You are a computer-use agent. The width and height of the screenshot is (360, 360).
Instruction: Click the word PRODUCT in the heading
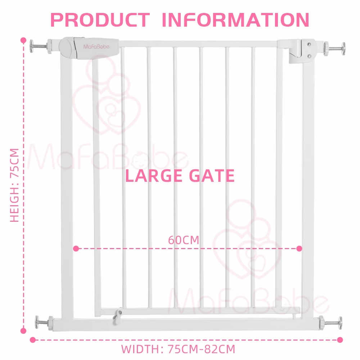coord(100,20)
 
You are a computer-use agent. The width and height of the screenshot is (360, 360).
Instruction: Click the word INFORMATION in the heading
coord(236,20)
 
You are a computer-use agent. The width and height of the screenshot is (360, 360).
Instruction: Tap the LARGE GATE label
coord(180,176)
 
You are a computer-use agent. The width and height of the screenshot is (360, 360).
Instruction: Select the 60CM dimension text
coord(184,240)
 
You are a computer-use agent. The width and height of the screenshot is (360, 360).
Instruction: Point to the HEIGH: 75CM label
coord(14,185)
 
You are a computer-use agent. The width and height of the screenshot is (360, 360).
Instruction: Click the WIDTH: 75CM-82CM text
coord(178,349)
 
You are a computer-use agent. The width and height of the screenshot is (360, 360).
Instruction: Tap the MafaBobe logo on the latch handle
coord(96,46)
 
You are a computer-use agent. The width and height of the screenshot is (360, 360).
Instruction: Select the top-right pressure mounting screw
coord(334,49)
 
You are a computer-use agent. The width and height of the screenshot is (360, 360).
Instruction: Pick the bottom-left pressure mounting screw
coord(44,323)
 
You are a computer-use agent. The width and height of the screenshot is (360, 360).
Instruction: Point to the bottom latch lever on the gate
coord(117,317)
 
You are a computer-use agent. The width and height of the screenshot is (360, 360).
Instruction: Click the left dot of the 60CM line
coord(76,248)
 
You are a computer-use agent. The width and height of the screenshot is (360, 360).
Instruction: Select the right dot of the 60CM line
coord(299,248)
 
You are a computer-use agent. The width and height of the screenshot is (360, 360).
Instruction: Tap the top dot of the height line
coord(23,40)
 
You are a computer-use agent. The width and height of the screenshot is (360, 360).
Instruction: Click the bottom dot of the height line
coord(23,331)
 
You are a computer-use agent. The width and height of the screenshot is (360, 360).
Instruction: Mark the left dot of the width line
coord(33,340)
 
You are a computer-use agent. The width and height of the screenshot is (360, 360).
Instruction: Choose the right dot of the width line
coord(340,340)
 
